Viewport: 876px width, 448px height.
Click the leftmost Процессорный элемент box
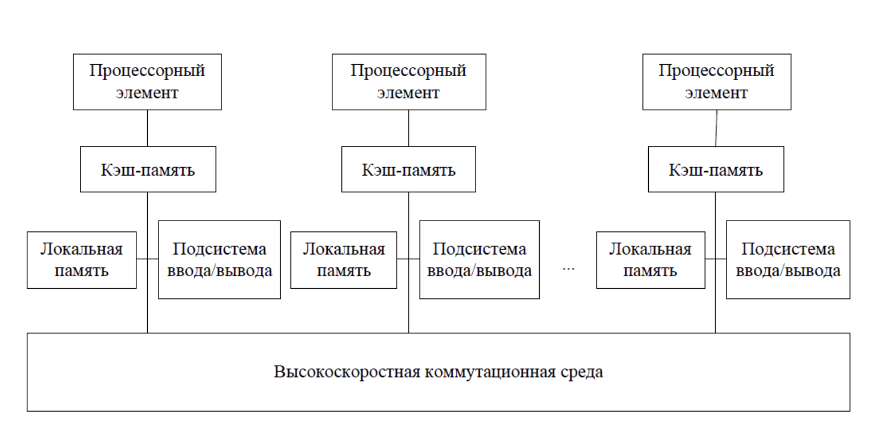tap(147, 82)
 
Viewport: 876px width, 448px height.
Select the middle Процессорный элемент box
tap(408, 82)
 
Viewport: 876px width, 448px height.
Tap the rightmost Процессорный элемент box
tap(716, 82)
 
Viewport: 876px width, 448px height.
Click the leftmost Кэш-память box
tap(148, 169)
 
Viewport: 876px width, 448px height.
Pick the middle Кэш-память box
tap(408, 169)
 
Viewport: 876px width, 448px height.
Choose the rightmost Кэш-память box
tap(716, 169)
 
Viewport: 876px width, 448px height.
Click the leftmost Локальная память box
tap(82, 260)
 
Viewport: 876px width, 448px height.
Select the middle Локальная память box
tap(344, 260)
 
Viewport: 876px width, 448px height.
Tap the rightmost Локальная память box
tap(650, 260)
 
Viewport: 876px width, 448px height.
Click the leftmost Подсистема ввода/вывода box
tap(219, 260)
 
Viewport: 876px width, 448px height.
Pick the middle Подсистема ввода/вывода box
tap(479, 260)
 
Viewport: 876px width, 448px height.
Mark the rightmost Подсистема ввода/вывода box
tap(788, 260)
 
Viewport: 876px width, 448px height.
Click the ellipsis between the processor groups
tap(568, 268)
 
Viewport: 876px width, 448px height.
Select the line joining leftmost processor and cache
tap(148, 128)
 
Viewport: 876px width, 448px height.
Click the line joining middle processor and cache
tap(408, 128)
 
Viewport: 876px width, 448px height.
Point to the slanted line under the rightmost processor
tap(716, 128)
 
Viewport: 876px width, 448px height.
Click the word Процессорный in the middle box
tap(408, 71)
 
